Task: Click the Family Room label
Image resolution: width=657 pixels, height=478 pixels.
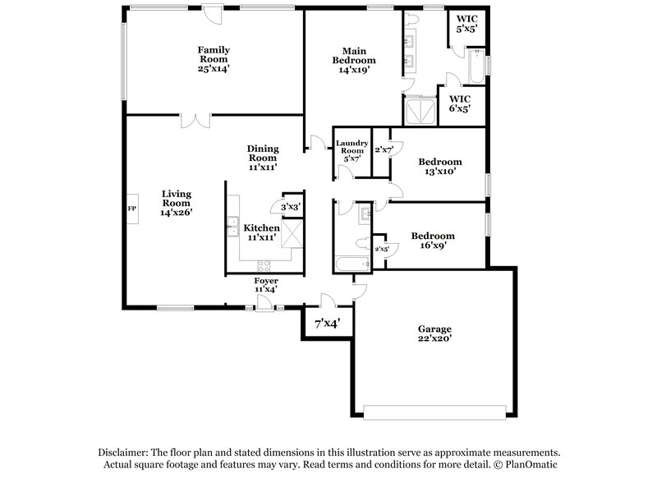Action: pyautogui.click(x=213, y=59)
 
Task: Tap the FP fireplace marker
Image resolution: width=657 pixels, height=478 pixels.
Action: pyautogui.click(x=131, y=209)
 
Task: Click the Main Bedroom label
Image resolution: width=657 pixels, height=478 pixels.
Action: pyautogui.click(x=354, y=60)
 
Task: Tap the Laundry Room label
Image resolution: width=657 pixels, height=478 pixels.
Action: pyautogui.click(x=351, y=150)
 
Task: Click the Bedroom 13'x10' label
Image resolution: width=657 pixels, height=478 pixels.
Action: pyautogui.click(x=439, y=167)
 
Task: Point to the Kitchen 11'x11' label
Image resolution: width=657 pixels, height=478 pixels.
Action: pyautogui.click(x=262, y=232)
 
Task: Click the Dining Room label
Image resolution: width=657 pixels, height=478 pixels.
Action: pyautogui.click(x=263, y=158)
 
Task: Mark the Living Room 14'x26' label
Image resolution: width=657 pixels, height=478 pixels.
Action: pyautogui.click(x=176, y=203)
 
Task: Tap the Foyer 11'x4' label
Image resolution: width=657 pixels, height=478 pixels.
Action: pyautogui.click(x=265, y=285)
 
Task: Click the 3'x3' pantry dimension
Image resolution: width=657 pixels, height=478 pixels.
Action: pyautogui.click(x=291, y=207)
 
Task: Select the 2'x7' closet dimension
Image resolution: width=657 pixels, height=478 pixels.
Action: pyautogui.click(x=384, y=150)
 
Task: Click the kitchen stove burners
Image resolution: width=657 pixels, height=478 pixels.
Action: pyautogui.click(x=264, y=264)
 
